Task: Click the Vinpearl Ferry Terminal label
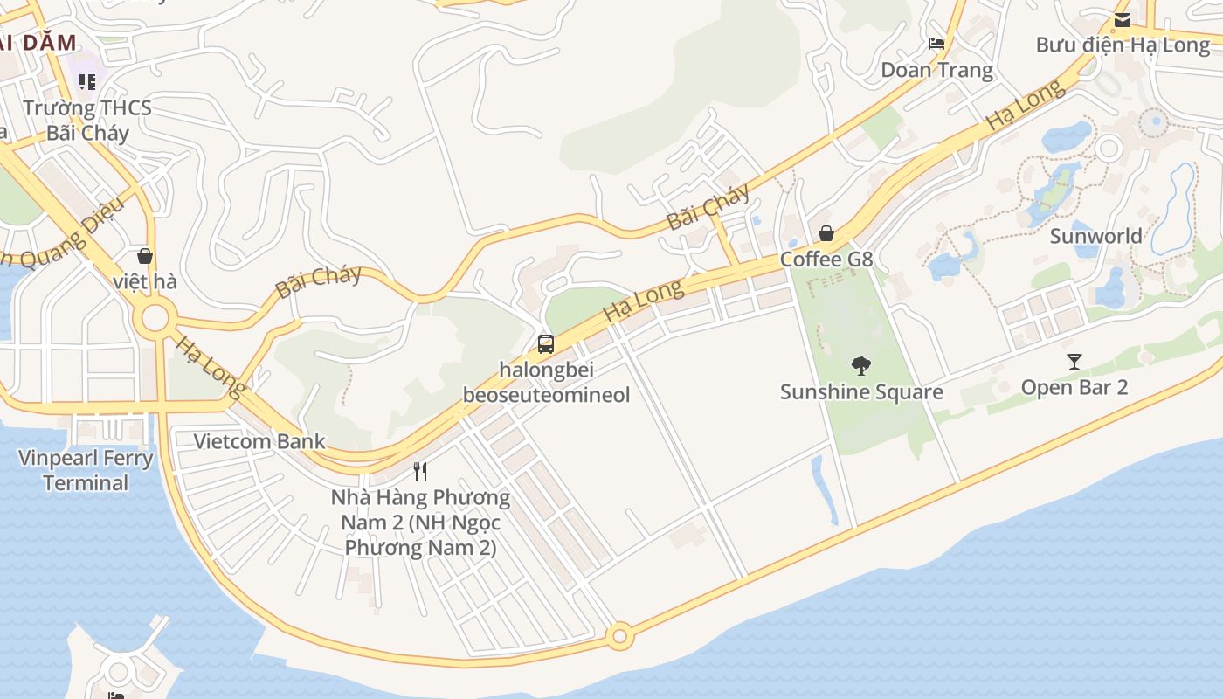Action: coord(86,470)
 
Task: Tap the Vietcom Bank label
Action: coord(259,441)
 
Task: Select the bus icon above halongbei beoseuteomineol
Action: coord(546,344)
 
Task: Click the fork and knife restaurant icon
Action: coord(420,472)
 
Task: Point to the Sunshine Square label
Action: coord(861,391)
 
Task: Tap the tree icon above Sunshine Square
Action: coord(861,366)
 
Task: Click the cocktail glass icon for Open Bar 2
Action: coord(1074,361)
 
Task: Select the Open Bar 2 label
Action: coord(1074,387)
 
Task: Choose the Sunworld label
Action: coord(1095,236)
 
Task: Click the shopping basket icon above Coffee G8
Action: coord(826,233)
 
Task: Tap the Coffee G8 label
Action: coord(826,260)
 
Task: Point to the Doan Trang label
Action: coord(936,70)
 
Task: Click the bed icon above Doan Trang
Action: coord(936,43)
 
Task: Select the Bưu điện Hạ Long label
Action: coord(1123,45)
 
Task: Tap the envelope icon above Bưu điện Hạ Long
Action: coord(1123,19)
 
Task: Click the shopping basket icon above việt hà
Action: coord(145,256)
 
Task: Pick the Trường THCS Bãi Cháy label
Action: coord(87,121)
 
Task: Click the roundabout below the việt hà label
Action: coord(155,317)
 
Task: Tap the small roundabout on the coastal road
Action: coord(619,636)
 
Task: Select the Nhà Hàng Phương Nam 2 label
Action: coord(420,523)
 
